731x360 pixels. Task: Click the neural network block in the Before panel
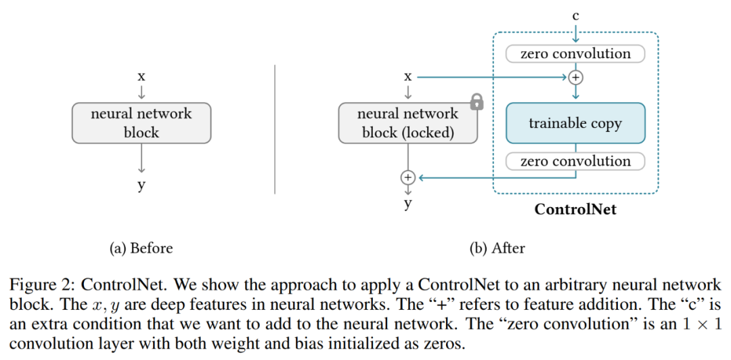141,123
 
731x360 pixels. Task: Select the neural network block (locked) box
407,123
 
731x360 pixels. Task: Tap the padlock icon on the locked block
477,102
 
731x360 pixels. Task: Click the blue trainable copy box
575,123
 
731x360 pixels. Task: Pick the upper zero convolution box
575,53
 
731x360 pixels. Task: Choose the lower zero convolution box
575,161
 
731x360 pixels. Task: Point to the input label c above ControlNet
575,16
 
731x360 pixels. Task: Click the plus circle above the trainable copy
575,77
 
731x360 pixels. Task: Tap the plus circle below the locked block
407,177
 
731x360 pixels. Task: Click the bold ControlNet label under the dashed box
575,209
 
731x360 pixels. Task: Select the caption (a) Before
141,248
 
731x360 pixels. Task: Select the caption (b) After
497,248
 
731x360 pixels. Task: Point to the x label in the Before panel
141,76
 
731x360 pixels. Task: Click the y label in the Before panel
141,185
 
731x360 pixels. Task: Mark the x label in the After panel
407,76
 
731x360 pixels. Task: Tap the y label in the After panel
407,202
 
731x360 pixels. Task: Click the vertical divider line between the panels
275,129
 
